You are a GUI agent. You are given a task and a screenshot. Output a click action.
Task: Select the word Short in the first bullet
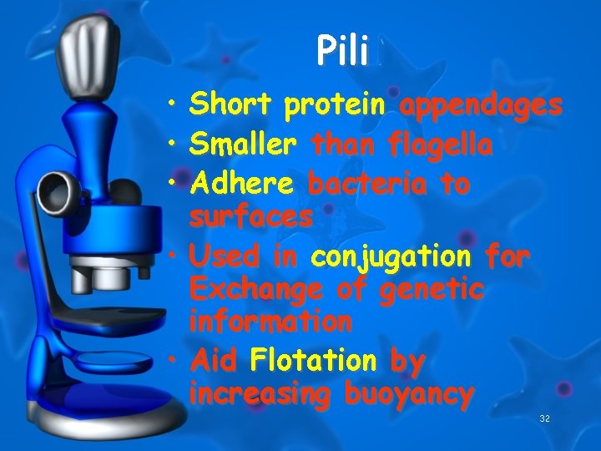point(231,106)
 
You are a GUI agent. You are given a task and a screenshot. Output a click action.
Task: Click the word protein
point(334,106)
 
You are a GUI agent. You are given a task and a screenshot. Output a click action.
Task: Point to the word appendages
point(481,107)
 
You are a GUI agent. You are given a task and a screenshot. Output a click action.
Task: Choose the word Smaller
point(243,146)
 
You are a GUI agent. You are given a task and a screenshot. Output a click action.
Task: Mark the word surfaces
point(251,217)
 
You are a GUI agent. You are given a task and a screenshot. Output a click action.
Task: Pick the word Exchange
point(253,290)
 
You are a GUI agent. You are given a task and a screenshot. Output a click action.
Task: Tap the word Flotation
point(313,361)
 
